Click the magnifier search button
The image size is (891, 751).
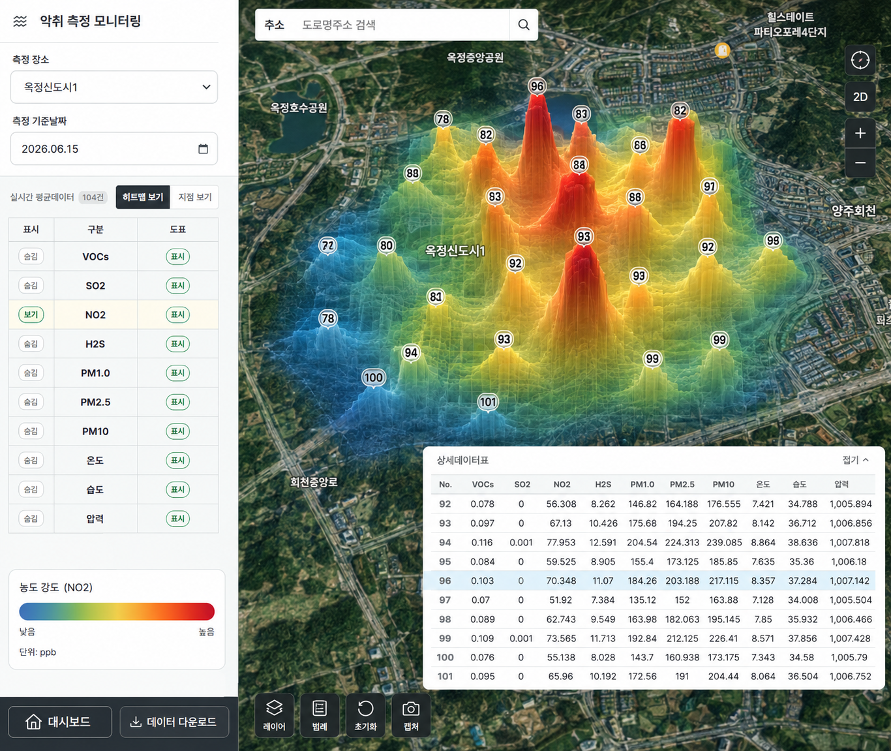point(524,25)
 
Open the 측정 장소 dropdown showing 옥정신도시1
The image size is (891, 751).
point(114,87)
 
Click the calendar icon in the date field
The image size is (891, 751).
point(203,149)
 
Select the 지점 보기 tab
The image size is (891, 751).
point(194,197)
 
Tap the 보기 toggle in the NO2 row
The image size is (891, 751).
point(31,314)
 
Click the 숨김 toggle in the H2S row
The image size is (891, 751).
point(31,344)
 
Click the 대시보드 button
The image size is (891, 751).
point(60,722)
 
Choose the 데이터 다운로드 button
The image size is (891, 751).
point(174,722)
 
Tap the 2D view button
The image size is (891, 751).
point(860,97)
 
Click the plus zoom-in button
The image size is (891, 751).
point(860,134)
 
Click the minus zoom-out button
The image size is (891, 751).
point(860,162)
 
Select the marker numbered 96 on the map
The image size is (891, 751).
point(537,87)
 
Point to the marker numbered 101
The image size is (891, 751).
point(488,402)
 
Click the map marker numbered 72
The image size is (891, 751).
point(327,246)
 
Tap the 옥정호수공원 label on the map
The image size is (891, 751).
point(299,108)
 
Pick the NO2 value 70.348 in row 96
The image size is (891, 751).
point(561,581)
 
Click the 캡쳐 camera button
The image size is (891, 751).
point(410,715)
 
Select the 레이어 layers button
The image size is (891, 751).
point(274,715)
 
